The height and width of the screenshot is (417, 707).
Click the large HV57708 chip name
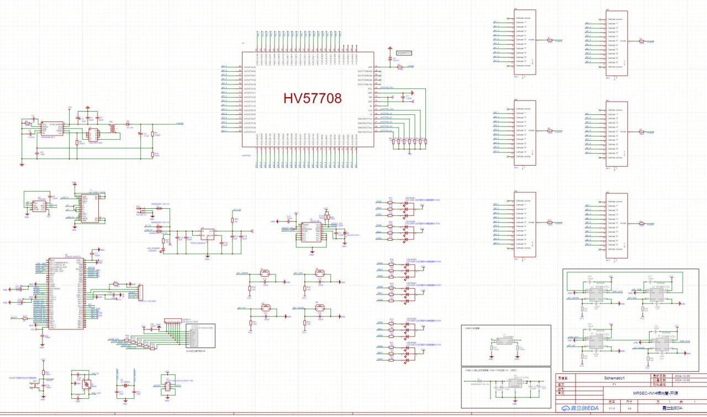[x=313, y=98]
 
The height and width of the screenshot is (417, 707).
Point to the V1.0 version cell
[x=611, y=408]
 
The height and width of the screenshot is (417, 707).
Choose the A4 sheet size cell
[x=629, y=408]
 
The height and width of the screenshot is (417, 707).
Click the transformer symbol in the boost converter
[x=113, y=128]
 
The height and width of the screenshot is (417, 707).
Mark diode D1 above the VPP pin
[x=390, y=58]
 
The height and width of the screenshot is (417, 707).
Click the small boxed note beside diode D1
[x=404, y=52]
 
